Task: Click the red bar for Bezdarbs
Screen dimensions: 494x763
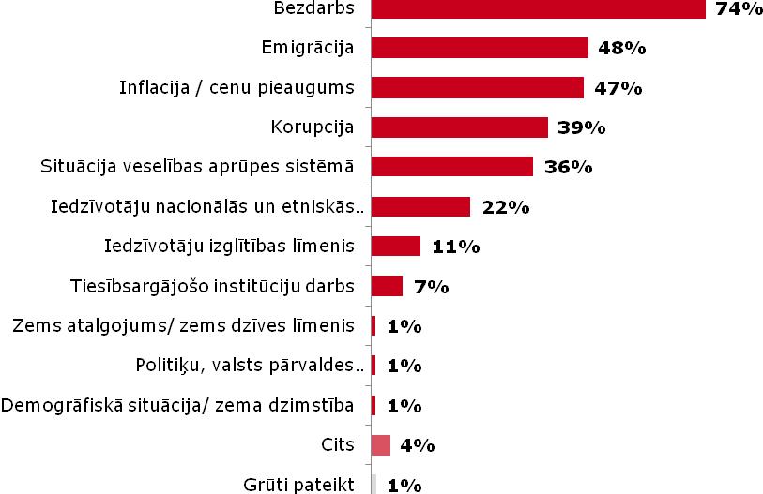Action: pyautogui.click(x=538, y=8)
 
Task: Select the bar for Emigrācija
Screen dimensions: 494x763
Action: pyautogui.click(x=480, y=48)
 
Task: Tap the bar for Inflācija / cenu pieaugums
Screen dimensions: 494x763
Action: pyautogui.click(x=478, y=87)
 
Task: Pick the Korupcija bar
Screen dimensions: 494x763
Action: pyautogui.click(x=460, y=127)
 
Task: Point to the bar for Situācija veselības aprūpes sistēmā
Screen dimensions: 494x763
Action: pyautogui.click(x=452, y=167)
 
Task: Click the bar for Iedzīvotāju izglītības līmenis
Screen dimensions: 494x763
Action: pyautogui.click(x=396, y=246)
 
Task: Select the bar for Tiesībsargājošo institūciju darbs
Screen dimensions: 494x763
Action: pyautogui.click(x=387, y=286)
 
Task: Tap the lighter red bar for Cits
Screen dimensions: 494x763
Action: pyautogui.click(x=380, y=445)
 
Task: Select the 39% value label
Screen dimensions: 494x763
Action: pyautogui.click(x=581, y=127)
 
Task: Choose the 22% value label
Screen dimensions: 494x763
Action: pyautogui.click(x=505, y=207)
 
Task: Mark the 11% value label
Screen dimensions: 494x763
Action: pyautogui.click(x=456, y=247)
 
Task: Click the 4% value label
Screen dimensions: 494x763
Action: pyautogui.click(x=417, y=446)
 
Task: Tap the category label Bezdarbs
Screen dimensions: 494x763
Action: pyautogui.click(x=313, y=8)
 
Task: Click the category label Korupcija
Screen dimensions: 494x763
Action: pyautogui.click(x=312, y=127)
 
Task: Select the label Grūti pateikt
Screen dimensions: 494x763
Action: pyautogui.click(x=298, y=485)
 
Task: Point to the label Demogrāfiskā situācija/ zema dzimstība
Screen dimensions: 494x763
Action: pyautogui.click(x=177, y=406)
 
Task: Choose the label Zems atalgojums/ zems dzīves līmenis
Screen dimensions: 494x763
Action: pyautogui.click(x=185, y=326)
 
